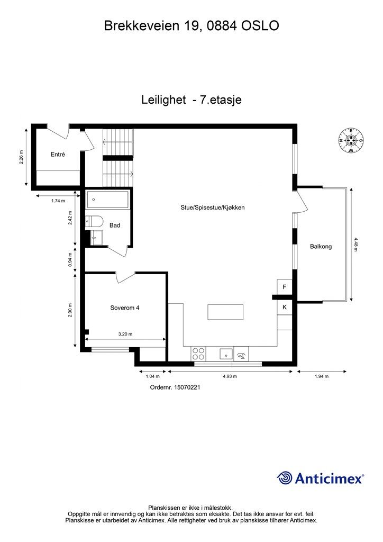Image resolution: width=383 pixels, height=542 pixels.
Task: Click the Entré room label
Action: tap(57, 155)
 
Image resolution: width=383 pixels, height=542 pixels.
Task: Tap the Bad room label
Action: tap(115, 225)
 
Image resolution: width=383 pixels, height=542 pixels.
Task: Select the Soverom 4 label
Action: tap(125, 307)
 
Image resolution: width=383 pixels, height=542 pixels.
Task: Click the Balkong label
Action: tap(321, 246)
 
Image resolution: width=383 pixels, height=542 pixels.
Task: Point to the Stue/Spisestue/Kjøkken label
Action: tap(212, 208)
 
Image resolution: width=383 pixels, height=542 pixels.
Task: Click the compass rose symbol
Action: tap(350, 140)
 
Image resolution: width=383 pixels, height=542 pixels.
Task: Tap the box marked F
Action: tap(285, 287)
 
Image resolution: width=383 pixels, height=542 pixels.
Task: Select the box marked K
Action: tap(285, 307)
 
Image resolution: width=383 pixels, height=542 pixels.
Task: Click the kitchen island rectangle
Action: tap(226, 312)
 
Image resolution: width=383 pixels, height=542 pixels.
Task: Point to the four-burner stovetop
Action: tap(198, 353)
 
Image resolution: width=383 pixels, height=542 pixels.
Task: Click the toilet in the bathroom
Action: tap(95, 221)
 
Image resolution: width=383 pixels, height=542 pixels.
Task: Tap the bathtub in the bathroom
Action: tap(108, 200)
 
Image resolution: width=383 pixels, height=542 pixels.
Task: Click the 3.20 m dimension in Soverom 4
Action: tap(125, 334)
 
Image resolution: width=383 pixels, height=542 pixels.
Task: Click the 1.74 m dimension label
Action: tap(58, 201)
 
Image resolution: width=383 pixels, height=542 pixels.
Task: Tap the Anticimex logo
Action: tap(321, 478)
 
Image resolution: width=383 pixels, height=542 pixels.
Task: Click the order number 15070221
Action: tap(175, 387)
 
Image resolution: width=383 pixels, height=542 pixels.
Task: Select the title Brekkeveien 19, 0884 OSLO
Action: tap(191, 25)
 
